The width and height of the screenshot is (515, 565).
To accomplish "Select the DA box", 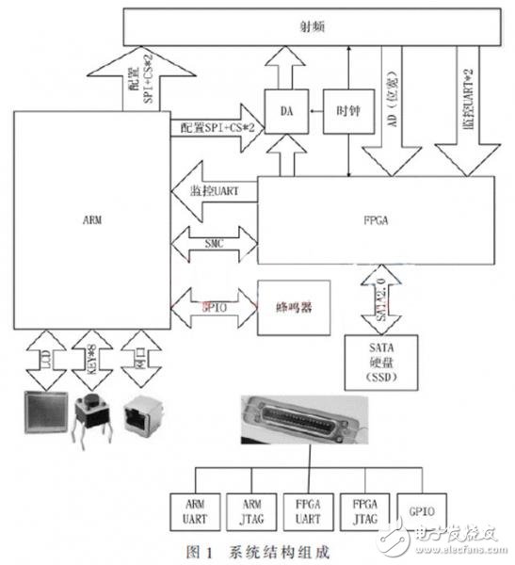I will [285, 112].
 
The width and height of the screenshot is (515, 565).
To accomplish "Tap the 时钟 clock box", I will [347, 112].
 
